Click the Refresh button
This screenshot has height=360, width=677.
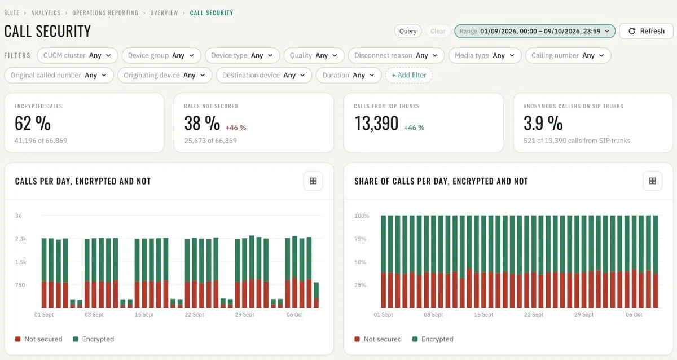(x=646, y=31)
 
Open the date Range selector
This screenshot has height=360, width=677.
(x=535, y=31)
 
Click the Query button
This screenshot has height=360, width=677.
(x=408, y=31)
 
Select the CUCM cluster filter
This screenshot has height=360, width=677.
(x=77, y=56)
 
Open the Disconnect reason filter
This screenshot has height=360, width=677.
(x=396, y=56)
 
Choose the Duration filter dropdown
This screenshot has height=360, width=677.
(x=349, y=75)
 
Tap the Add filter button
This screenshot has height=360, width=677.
(x=408, y=75)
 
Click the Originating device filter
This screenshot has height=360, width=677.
(x=164, y=75)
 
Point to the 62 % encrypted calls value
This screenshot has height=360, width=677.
(x=33, y=124)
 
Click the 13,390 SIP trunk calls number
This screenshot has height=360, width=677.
(x=376, y=124)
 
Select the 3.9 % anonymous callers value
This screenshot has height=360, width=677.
(x=543, y=124)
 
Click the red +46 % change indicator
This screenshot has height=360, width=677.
(x=236, y=128)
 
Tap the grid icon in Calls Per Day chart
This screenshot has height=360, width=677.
(x=313, y=181)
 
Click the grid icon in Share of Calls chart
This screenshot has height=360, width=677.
(x=653, y=181)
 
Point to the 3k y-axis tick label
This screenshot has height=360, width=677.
(x=18, y=216)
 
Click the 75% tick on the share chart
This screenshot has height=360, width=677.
(x=361, y=239)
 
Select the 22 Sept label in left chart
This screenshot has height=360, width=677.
(x=194, y=315)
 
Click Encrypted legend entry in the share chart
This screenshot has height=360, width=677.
(x=433, y=339)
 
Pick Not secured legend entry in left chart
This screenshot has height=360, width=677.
(x=39, y=339)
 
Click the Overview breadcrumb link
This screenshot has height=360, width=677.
(x=164, y=13)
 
